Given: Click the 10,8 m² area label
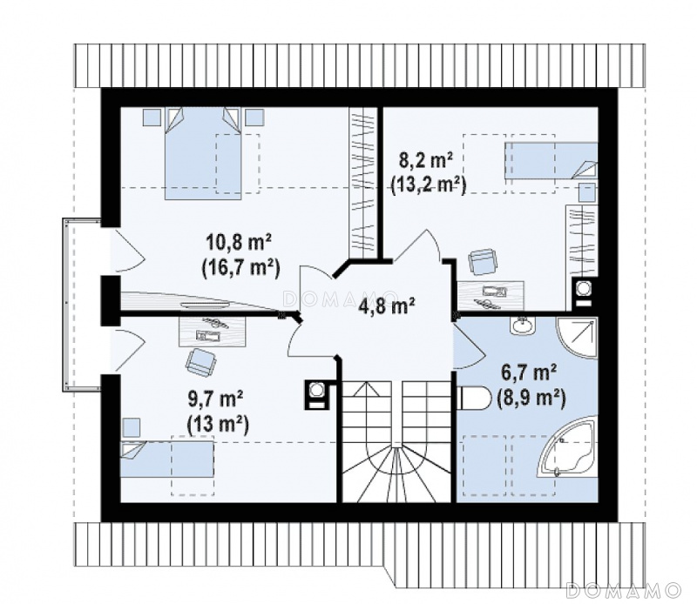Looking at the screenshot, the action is pyautogui.click(x=239, y=245).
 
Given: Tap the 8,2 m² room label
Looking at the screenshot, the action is pyautogui.click(x=426, y=161).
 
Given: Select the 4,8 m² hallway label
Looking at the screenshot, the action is pyautogui.click(x=389, y=306).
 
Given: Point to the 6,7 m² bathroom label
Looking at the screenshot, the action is pyautogui.click(x=530, y=373).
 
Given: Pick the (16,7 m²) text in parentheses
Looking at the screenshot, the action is pyautogui.click(x=240, y=269).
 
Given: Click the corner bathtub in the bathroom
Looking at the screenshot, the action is pyautogui.click(x=567, y=447).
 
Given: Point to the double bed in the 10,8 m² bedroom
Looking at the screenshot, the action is pyautogui.click(x=204, y=153).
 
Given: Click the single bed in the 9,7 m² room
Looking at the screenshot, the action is pyautogui.click(x=167, y=460).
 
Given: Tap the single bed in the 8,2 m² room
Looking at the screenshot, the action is pyautogui.click(x=551, y=160).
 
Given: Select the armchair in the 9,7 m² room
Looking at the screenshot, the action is pyautogui.click(x=200, y=362).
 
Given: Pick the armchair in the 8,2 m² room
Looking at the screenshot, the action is pyautogui.click(x=484, y=262).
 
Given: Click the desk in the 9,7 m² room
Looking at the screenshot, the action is pyautogui.click(x=213, y=332).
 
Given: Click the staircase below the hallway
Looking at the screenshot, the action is pyautogui.click(x=398, y=441).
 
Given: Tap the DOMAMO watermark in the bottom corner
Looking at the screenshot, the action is pyautogui.click(x=624, y=590).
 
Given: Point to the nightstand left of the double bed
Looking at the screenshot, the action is pyautogui.click(x=152, y=117).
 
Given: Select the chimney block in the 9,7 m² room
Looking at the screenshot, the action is pyautogui.click(x=316, y=395).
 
